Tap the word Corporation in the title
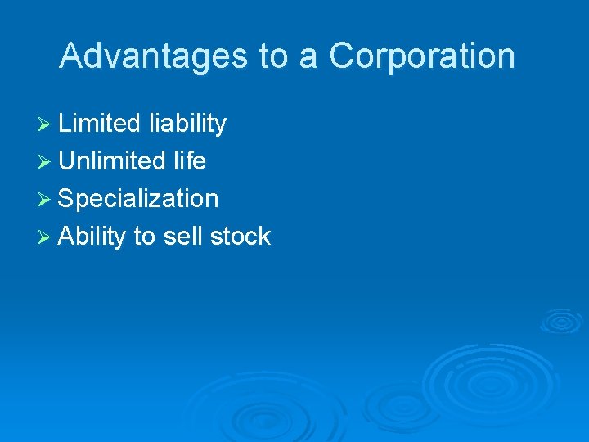coord(422,56)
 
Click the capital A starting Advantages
coord(71,56)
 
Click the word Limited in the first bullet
coord(100,124)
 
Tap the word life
coord(190,161)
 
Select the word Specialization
coord(138,199)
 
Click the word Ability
coord(92,237)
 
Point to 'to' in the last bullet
coord(144,237)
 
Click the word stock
coord(240,237)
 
